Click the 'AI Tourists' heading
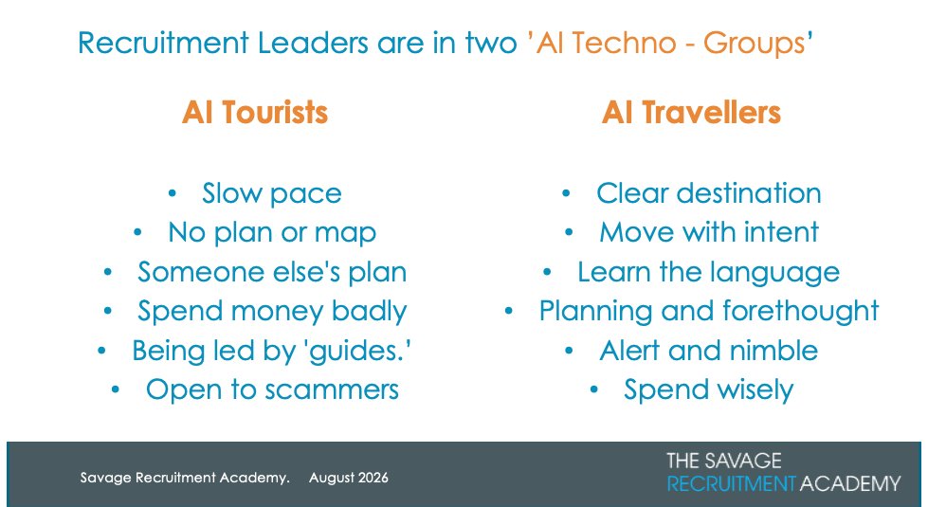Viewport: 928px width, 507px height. tap(254, 112)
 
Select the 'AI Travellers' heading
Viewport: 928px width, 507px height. tap(691, 112)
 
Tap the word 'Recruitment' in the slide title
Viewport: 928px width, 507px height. tap(163, 44)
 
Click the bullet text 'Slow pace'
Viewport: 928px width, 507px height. tap(272, 193)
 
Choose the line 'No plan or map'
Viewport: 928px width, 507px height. tap(272, 232)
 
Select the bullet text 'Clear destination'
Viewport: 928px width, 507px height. tap(708, 193)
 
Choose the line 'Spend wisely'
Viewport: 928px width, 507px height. tap(708, 390)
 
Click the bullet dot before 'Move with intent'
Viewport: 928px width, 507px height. tap(569, 232)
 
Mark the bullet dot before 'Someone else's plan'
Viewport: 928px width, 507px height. tap(108, 272)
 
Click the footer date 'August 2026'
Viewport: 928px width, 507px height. tap(349, 478)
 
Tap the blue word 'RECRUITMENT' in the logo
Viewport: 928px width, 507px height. tap(731, 483)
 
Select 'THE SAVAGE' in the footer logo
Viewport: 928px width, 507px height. tap(724, 461)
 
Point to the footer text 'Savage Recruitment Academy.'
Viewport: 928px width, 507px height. tap(185, 478)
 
